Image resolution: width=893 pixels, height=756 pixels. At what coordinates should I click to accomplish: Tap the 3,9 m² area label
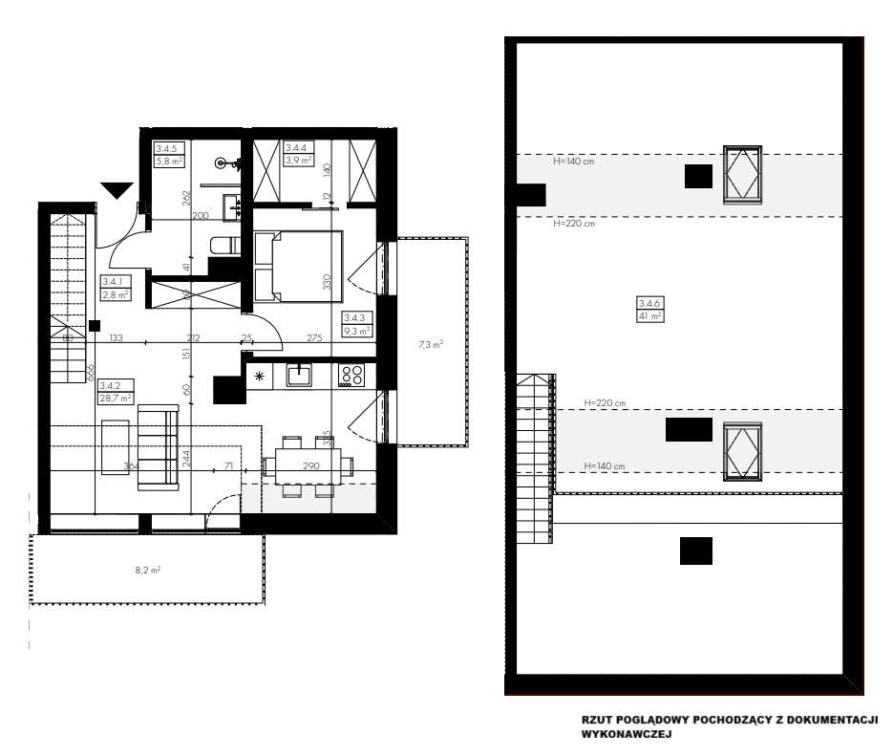click(x=296, y=161)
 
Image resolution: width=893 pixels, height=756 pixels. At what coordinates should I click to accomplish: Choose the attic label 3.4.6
click(x=650, y=303)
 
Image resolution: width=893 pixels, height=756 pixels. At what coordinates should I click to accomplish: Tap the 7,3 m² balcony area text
click(x=431, y=344)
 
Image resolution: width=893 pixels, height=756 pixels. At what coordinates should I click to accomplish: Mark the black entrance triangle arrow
click(x=117, y=190)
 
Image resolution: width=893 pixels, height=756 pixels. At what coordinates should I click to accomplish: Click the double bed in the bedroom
click(x=298, y=266)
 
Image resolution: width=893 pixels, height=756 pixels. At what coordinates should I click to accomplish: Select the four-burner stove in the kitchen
click(x=351, y=376)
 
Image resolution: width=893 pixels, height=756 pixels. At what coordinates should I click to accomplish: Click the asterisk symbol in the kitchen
click(x=259, y=376)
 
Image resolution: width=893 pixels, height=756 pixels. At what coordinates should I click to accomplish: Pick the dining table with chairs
click(x=307, y=465)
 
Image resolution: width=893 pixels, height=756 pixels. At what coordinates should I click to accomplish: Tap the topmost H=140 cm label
click(x=574, y=162)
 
